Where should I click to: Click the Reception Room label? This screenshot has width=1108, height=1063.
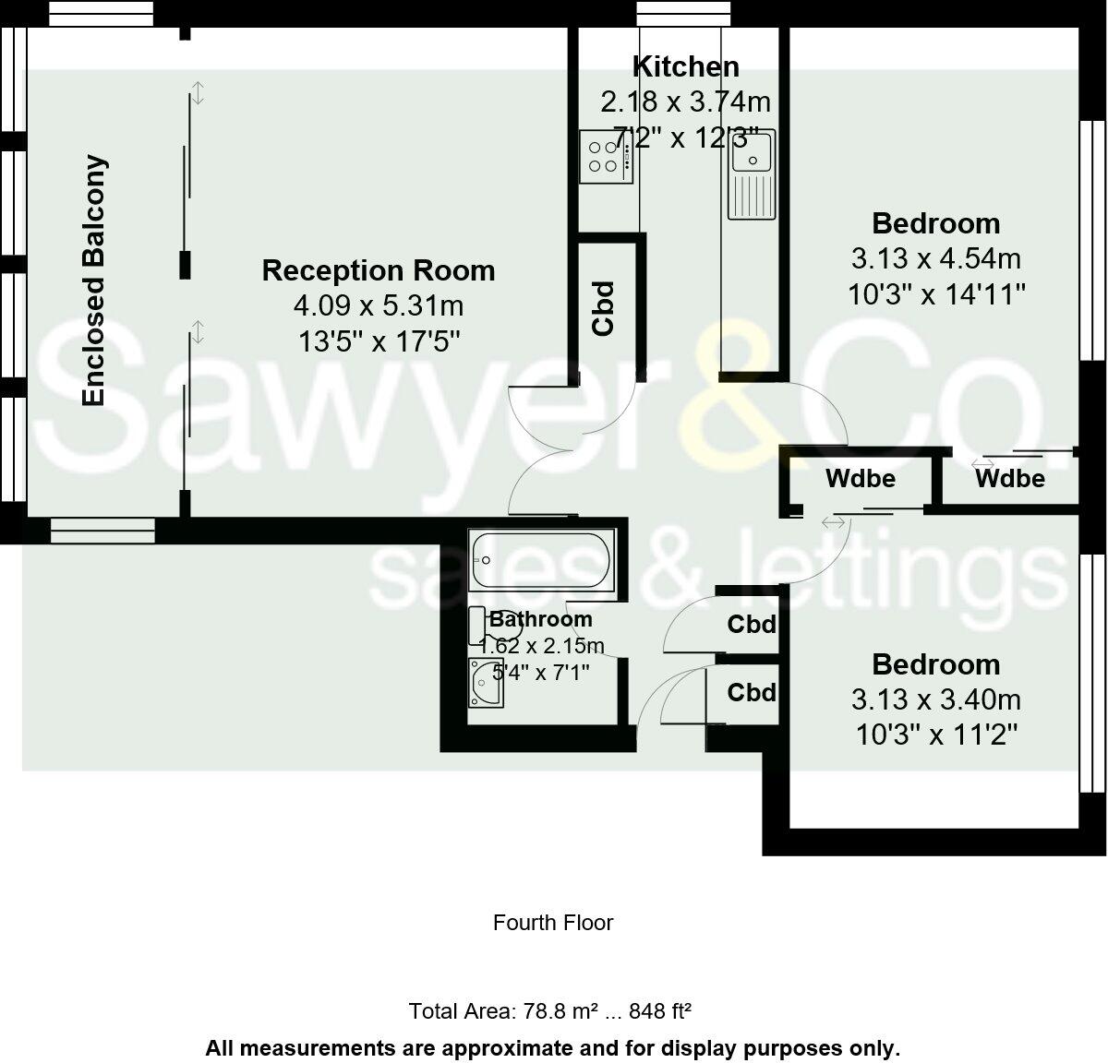[379, 270]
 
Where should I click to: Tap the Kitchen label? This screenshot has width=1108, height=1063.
[685, 66]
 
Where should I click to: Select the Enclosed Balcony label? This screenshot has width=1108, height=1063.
[94, 281]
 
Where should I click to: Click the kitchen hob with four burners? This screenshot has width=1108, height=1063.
[606, 156]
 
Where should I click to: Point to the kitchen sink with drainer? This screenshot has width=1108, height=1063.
[753, 174]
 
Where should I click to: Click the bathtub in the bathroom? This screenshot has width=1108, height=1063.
[541, 559]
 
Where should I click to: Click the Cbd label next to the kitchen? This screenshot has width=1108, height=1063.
[603, 308]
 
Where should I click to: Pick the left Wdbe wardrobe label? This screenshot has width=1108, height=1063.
[860, 478]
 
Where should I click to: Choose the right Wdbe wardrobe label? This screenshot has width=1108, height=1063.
[1009, 478]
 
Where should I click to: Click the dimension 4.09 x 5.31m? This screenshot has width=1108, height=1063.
[379, 305]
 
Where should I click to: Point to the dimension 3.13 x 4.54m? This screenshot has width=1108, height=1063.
[936, 258]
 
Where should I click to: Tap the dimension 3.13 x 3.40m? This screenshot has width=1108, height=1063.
[936, 699]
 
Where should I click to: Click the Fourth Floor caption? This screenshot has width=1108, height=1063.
[553, 923]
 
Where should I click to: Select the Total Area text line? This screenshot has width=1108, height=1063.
[550, 1011]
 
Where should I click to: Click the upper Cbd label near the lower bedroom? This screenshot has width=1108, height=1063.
[752, 625]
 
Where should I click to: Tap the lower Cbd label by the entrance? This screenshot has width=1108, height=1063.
[752, 692]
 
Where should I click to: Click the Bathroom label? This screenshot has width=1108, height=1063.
[541, 619]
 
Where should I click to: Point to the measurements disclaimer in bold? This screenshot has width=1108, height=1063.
[552, 1048]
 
